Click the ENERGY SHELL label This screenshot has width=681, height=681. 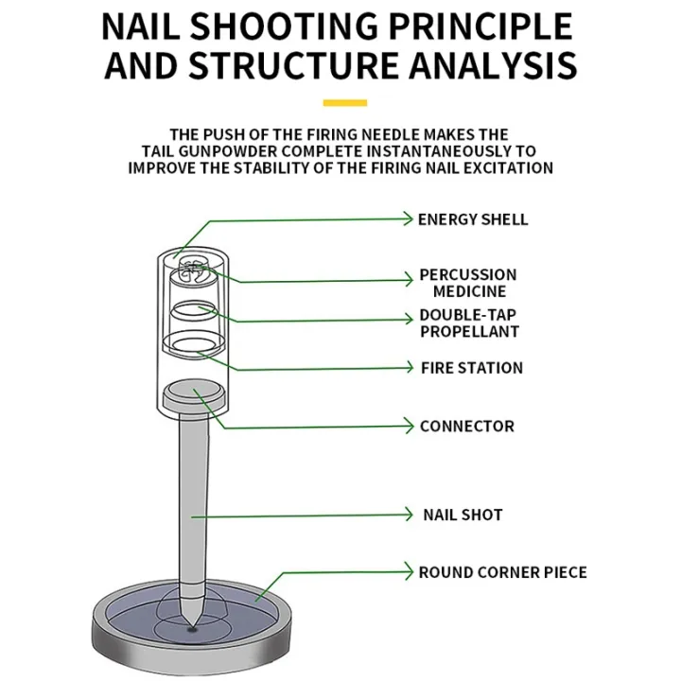click(x=473, y=219)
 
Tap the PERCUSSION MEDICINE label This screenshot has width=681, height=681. click(x=468, y=283)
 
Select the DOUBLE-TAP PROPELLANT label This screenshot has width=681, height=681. click(x=469, y=323)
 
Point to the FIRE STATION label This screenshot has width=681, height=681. click(x=471, y=368)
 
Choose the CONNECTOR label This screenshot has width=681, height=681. click(x=466, y=427)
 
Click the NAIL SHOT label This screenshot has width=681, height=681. click(x=463, y=515)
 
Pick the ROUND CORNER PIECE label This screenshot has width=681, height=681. click(x=502, y=572)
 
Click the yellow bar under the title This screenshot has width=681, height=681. click(x=344, y=102)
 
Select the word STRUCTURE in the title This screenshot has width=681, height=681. click(x=300, y=66)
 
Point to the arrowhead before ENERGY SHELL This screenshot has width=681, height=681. click(x=409, y=219)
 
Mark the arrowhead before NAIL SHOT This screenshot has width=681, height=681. click(x=409, y=515)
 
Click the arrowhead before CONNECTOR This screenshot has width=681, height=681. click(x=409, y=427)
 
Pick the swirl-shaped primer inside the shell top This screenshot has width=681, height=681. click(x=193, y=271)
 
